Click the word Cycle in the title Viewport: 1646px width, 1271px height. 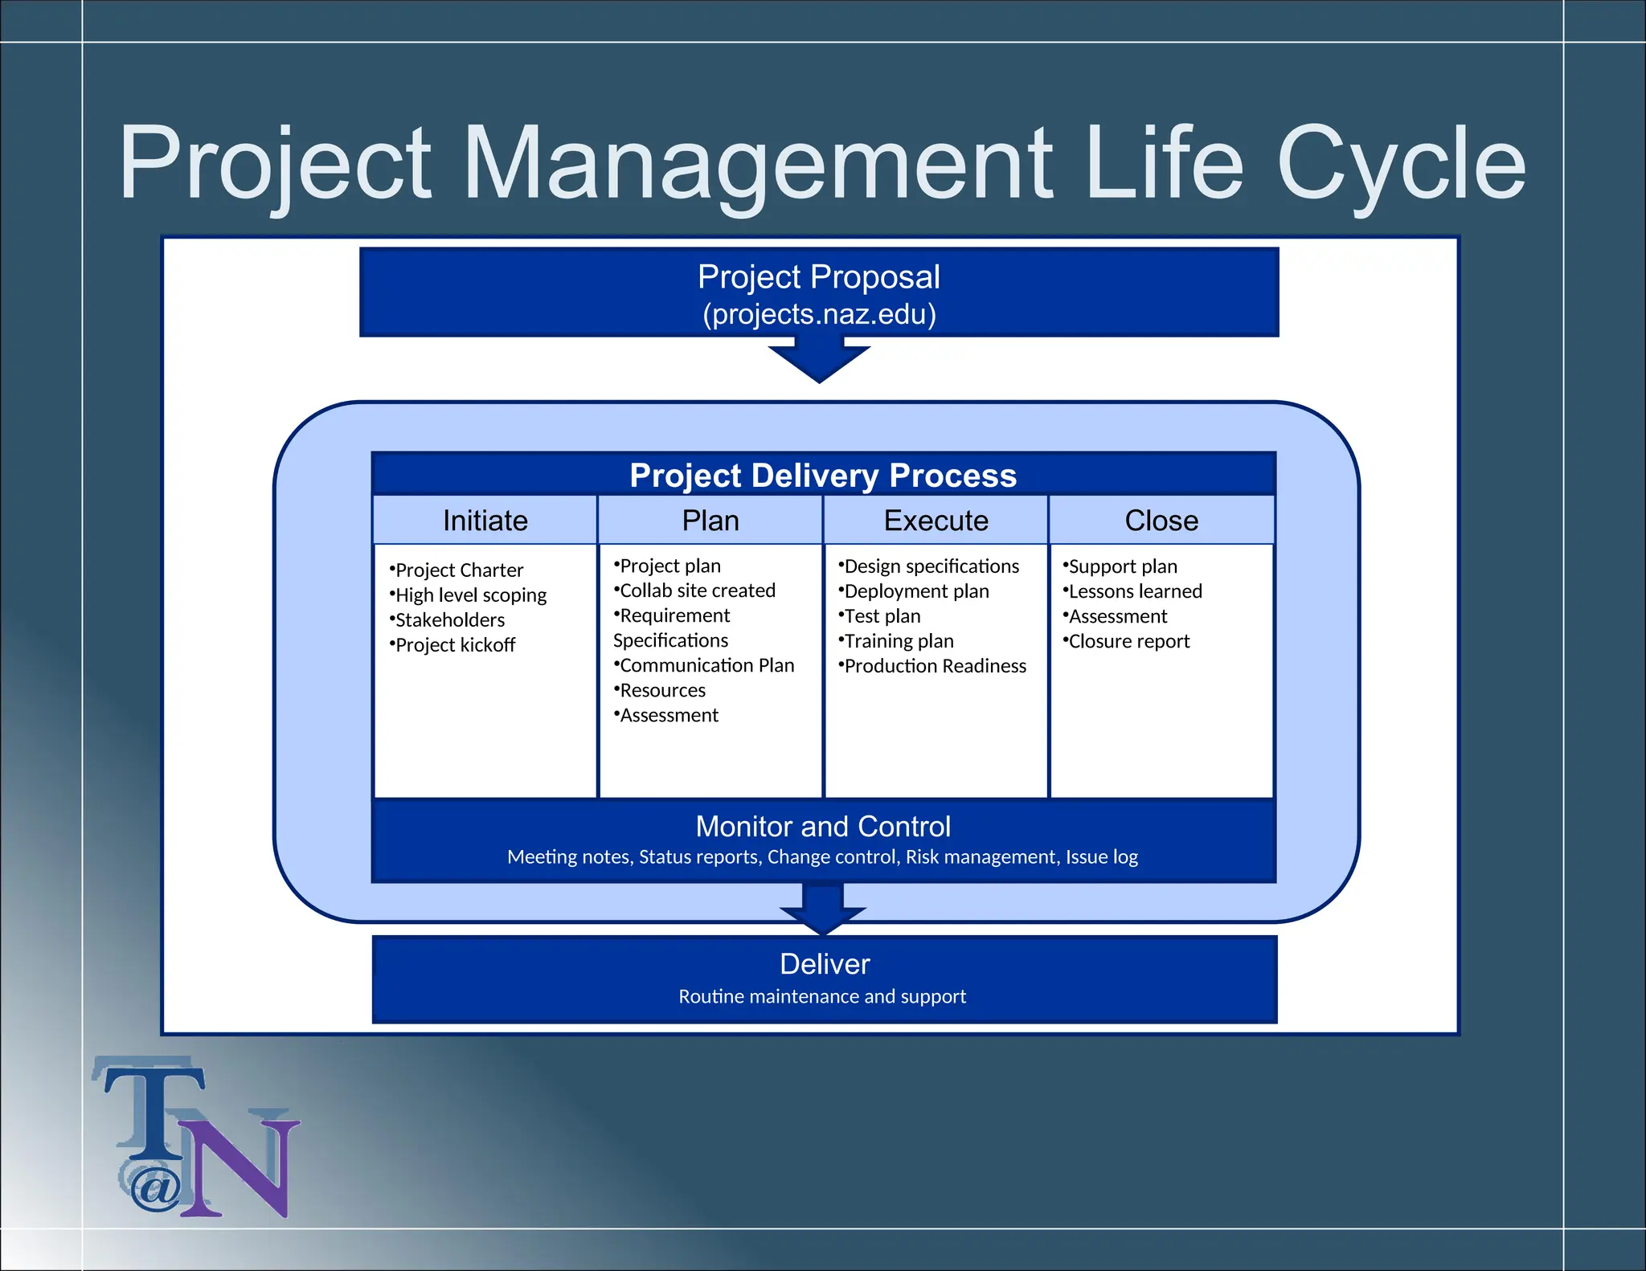1400,165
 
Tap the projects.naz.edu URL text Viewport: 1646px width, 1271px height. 819,314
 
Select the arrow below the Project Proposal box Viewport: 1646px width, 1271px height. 819,361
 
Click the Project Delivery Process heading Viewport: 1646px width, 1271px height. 823,475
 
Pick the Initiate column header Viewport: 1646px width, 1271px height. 485,521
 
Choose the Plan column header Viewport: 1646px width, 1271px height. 710,521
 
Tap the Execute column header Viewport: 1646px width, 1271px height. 936,521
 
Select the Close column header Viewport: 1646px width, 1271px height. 1161,521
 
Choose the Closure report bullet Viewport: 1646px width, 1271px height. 1128,641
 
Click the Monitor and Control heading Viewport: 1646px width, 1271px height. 823,827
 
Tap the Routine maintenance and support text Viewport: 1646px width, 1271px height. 822,996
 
